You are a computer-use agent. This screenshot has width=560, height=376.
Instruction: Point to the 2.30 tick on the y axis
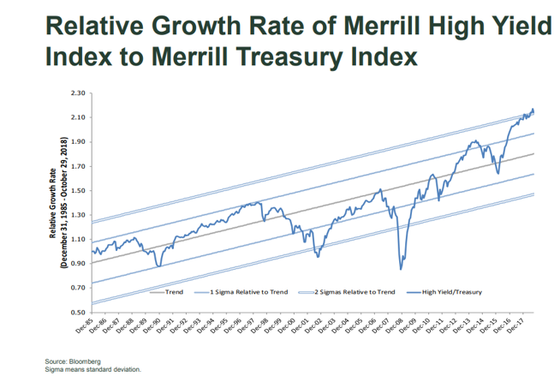tap(78, 93)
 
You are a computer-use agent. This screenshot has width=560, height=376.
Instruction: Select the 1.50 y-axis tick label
tap(78, 190)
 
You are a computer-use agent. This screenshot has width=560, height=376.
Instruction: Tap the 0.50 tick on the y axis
tap(78, 312)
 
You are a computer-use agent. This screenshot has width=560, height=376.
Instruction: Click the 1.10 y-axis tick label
tap(78, 239)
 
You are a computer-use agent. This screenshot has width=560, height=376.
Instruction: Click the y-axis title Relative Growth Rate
tap(54, 202)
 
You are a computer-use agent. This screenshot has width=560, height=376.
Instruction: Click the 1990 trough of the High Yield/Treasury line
tap(159, 266)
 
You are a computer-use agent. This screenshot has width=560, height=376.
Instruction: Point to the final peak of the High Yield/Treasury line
tap(533, 110)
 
